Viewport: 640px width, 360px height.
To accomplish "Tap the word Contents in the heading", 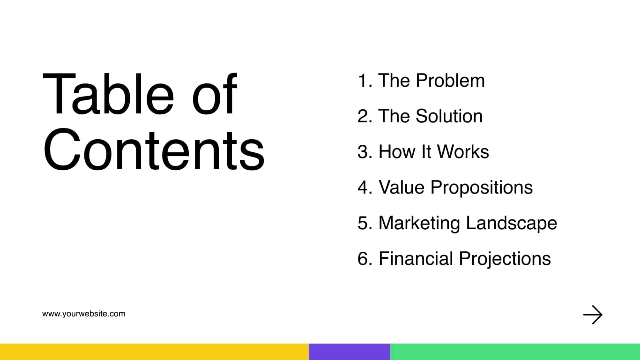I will click(x=154, y=149).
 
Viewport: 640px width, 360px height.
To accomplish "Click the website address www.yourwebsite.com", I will click(x=84, y=314).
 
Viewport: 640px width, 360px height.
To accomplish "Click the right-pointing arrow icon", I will click(x=593, y=315).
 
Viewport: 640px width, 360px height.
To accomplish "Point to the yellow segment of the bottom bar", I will click(x=154, y=352).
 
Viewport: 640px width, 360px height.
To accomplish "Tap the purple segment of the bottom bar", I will click(x=350, y=352).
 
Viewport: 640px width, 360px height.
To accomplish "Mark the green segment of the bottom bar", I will click(x=515, y=352).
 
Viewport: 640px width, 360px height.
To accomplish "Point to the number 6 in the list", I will click(x=364, y=259).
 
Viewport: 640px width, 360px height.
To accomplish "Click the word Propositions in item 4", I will click(x=482, y=187).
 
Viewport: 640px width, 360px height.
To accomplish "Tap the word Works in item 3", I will click(x=463, y=152).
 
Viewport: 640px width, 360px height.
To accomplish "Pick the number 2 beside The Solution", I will click(x=364, y=116).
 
